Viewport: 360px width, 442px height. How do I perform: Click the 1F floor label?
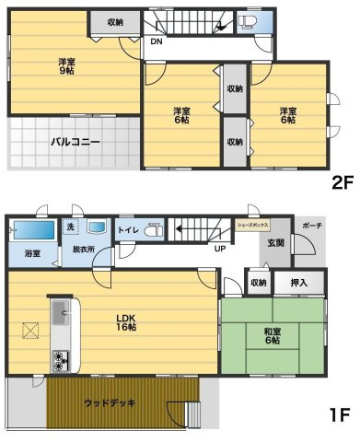click(340, 416)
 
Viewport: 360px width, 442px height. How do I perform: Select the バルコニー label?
click(63, 143)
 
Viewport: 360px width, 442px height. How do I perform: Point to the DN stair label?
click(157, 42)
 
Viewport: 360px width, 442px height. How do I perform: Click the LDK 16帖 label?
click(126, 322)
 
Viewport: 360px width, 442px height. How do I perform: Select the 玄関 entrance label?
click(276, 243)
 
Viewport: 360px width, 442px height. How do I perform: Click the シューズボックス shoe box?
click(253, 224)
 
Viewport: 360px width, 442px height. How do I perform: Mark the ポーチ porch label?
click(310, 224)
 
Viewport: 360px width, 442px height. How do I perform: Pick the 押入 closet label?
click(298, 283)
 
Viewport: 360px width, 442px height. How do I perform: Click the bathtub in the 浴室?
click(29, 229)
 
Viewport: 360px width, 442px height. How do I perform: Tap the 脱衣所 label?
click(85, 250)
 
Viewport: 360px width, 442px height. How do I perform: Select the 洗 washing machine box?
click(70, 227)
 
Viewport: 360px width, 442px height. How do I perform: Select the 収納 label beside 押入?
click(258, 283)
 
